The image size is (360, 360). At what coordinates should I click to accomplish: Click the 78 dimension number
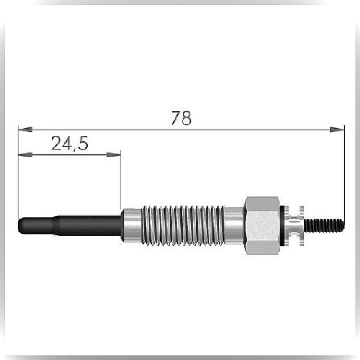[181, 118]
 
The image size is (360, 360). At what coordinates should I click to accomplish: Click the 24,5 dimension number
[69, 144]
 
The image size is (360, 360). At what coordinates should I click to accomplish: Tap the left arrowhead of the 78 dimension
[26, 130]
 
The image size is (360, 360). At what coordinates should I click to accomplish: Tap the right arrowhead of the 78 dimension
[337, 130]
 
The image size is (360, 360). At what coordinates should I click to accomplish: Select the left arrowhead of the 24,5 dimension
[26, 155]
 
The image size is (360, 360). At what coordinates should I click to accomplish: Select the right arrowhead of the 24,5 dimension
[113, 155]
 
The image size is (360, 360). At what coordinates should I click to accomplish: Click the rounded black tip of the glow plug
[21, 225]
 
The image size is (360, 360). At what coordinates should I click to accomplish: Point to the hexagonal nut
[262, 226]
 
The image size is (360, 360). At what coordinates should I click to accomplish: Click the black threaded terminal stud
[324, 226]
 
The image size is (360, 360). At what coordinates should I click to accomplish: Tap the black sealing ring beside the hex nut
[282, 226]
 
